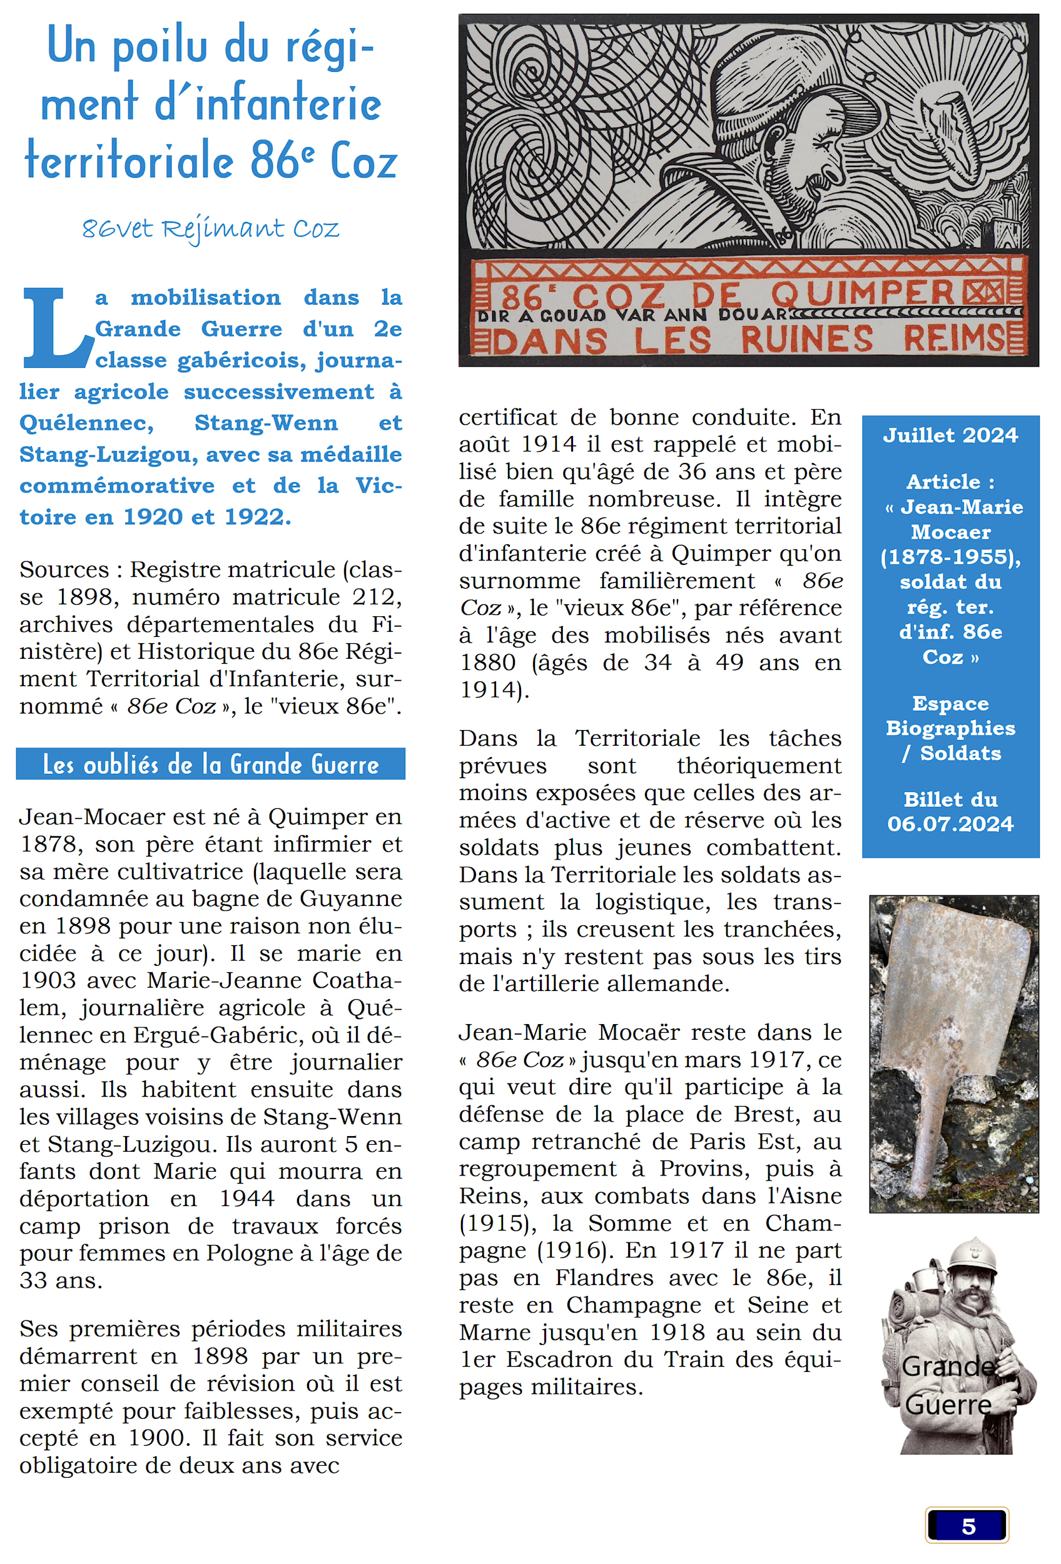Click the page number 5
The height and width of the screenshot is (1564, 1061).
(x=968, y=1526)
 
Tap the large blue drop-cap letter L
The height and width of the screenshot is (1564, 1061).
(x=55, y=328)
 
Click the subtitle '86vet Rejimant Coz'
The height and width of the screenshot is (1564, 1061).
(x=211, y=230)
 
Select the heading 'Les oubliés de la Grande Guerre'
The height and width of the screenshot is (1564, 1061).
(x=211, y=764)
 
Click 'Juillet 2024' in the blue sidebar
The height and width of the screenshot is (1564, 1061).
(x=950, y=435)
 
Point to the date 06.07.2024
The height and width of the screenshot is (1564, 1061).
(x=950, y=824)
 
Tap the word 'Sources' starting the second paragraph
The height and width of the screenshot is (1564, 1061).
(x=63, y=570)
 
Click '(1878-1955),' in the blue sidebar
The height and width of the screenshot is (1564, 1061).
(x=950, y=557)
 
